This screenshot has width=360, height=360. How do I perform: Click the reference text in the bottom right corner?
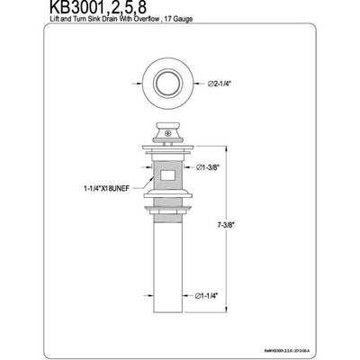(x=319, y=340)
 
